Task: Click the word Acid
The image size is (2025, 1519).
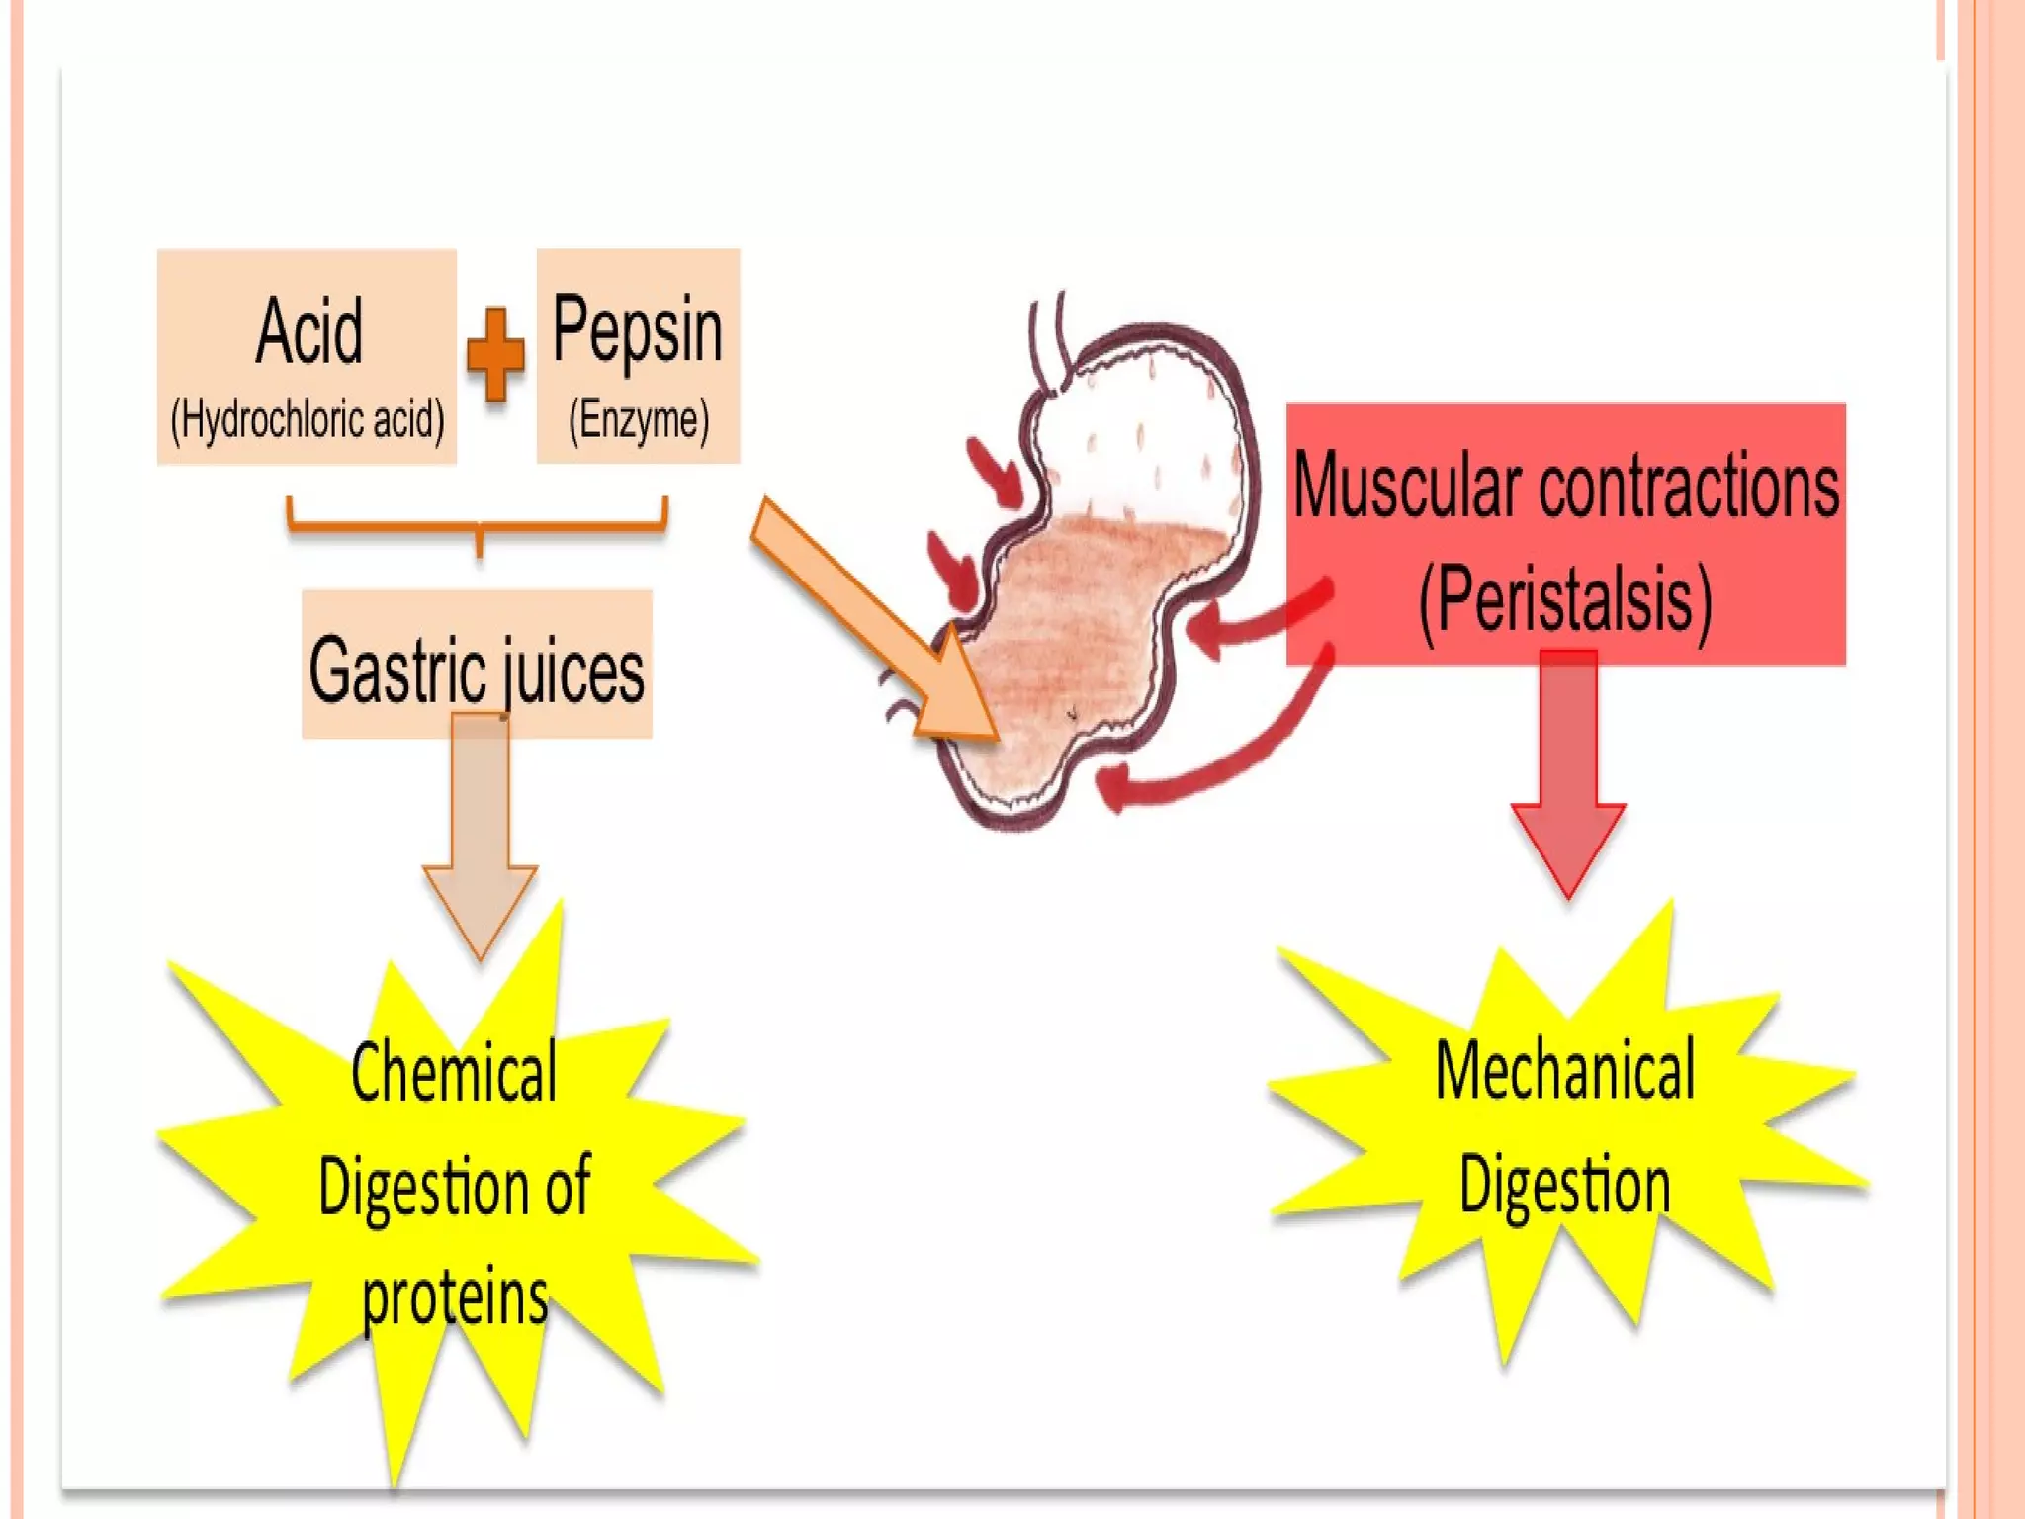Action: tap(309, 331)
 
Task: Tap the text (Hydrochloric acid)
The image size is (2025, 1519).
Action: tap(308, 420)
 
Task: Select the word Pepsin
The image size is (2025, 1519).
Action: tap(638, 330)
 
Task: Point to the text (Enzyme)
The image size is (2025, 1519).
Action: tap(639, 420)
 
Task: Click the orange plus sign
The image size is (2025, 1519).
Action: tap(495, 354)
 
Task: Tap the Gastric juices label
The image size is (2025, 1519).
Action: tap(477, 670)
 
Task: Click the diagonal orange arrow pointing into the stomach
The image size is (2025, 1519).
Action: tap(870, 623)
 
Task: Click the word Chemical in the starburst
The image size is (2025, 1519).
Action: tap(454, 1072)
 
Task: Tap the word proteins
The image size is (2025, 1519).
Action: tap(455, 1297)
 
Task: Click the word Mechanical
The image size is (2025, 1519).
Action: tap(1565, 1070)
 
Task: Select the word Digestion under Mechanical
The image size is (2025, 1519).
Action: tap(1565, 1185)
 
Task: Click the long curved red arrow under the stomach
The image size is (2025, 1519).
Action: tap(1226, 752)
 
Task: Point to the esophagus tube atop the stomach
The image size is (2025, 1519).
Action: tap(1048, 341)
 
